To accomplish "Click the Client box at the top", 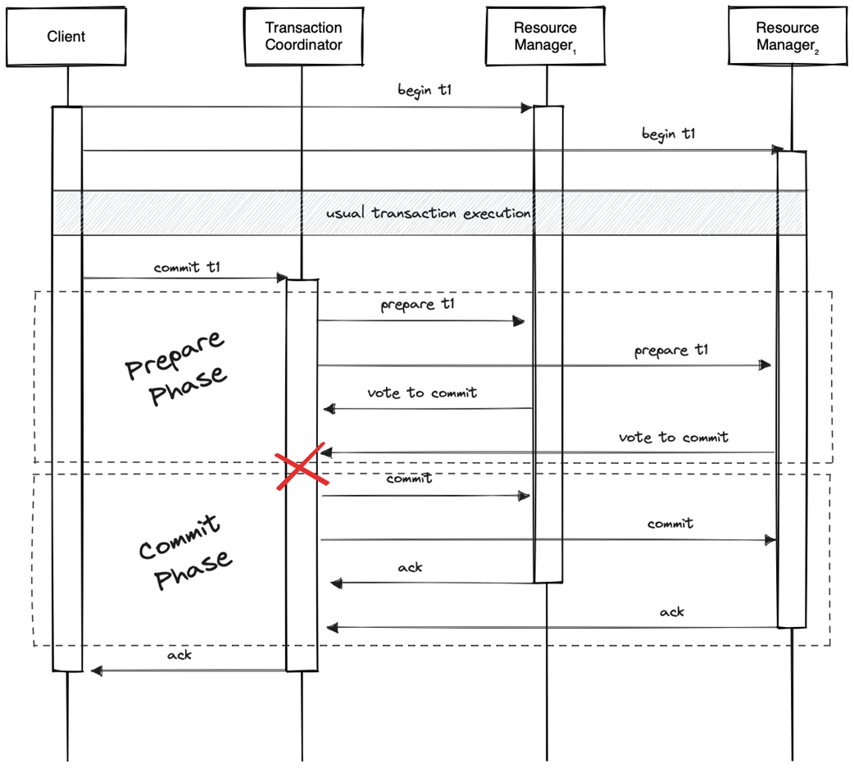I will coord(66,36).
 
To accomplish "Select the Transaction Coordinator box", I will coord(303,36).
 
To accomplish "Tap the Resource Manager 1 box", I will coord(546,37).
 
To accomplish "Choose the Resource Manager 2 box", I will coord(788,37).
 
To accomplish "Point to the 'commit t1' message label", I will coord(187,267).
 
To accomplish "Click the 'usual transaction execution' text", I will coord(429,213).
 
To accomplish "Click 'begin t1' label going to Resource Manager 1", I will coord(425,90).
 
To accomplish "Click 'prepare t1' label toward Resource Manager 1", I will coord(417,306).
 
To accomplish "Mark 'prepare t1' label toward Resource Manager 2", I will coord(671,351).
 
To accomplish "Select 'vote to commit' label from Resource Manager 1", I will coord(422,393).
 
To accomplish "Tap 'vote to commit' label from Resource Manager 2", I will coord(673,438).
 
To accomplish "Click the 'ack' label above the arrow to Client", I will coord(179,656).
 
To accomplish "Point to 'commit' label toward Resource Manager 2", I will coord(670,523).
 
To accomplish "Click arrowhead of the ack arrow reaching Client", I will coord(95,670).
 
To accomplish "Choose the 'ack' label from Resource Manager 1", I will coord(410,567).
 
